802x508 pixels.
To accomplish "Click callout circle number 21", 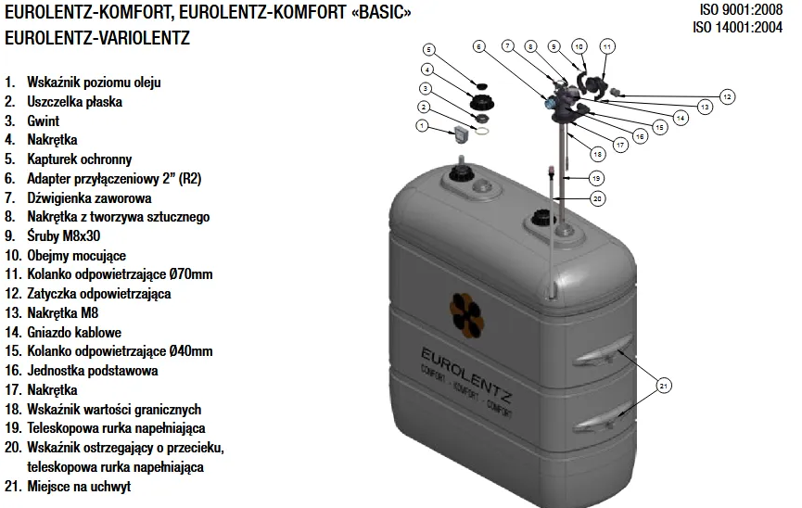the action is (x=664, y=386).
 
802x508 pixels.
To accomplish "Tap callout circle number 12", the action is (x=727, y=96).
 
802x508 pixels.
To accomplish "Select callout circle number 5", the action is (x=428, y=50).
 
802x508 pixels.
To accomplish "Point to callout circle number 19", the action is (x=596, y=179).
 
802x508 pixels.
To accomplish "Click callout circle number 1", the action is (x=422, y=125).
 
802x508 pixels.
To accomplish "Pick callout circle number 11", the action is (x=607, y=46).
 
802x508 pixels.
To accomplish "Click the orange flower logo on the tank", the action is (x=466, y=315).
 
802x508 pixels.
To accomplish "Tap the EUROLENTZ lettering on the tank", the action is (x=466, y=375).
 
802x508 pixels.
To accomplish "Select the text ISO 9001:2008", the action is (x=741, y=9).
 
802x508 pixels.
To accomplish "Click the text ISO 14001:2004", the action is (x=737, y=27).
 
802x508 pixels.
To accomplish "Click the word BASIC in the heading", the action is (x=381, y=12).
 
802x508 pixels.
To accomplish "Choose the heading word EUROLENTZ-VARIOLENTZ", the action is (x=97, y=38).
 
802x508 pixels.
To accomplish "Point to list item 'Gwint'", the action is (x=43, y=121).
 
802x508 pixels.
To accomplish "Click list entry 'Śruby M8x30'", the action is (x=63, y=235).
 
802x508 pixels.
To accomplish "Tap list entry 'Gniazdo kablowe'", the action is (x=74, y=333).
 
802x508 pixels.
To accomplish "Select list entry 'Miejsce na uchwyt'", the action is (x=79, y=487).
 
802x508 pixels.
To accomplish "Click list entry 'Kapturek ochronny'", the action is (x=80, y=159).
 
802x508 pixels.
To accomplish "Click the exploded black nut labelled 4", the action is (x=482, y=101).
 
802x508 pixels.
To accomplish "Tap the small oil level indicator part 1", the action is (x=462, y=134).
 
